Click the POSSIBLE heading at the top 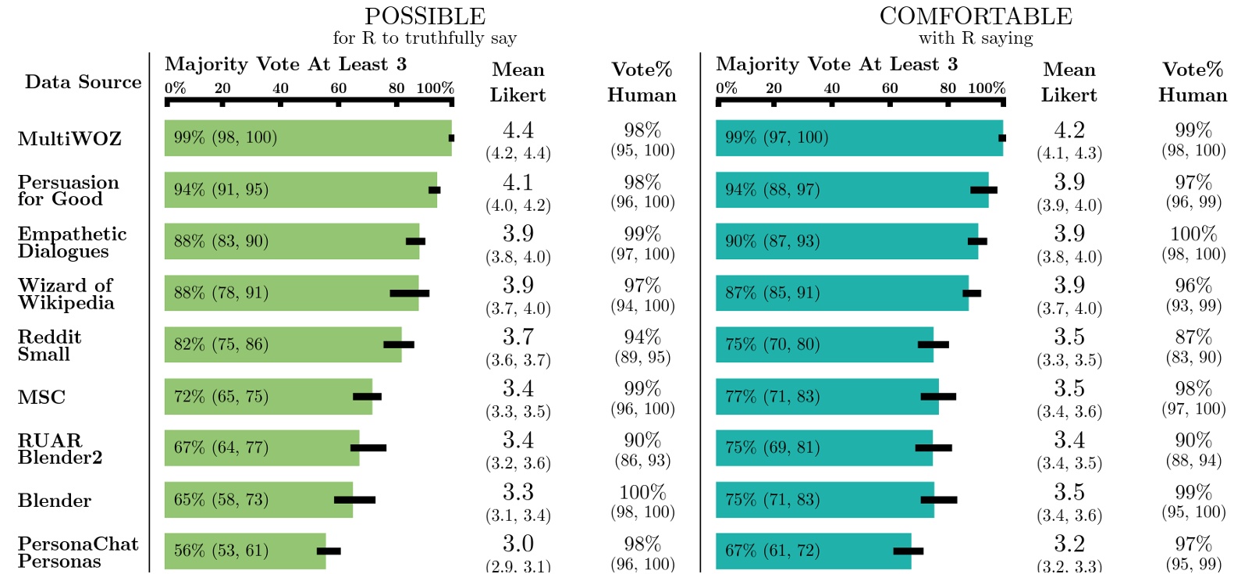point(425,16)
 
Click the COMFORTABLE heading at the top point(976,16)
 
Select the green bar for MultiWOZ point(308,138)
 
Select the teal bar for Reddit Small point(824,344)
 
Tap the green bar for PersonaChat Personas point(244,551)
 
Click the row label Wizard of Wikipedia point(66,294)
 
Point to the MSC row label point(41,398)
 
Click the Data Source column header point(83,82)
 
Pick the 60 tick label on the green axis point(338,88)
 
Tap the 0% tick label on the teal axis point(726,88)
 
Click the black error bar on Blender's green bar point(354,500)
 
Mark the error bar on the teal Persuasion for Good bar point(983,190)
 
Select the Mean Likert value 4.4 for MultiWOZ point(517,130)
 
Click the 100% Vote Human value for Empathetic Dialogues point(1193,234)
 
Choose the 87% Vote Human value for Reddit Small point(1193,337)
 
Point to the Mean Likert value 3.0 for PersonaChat point(517,544)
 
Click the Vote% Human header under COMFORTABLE point(1192,82)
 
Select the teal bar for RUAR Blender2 point(823,447)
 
